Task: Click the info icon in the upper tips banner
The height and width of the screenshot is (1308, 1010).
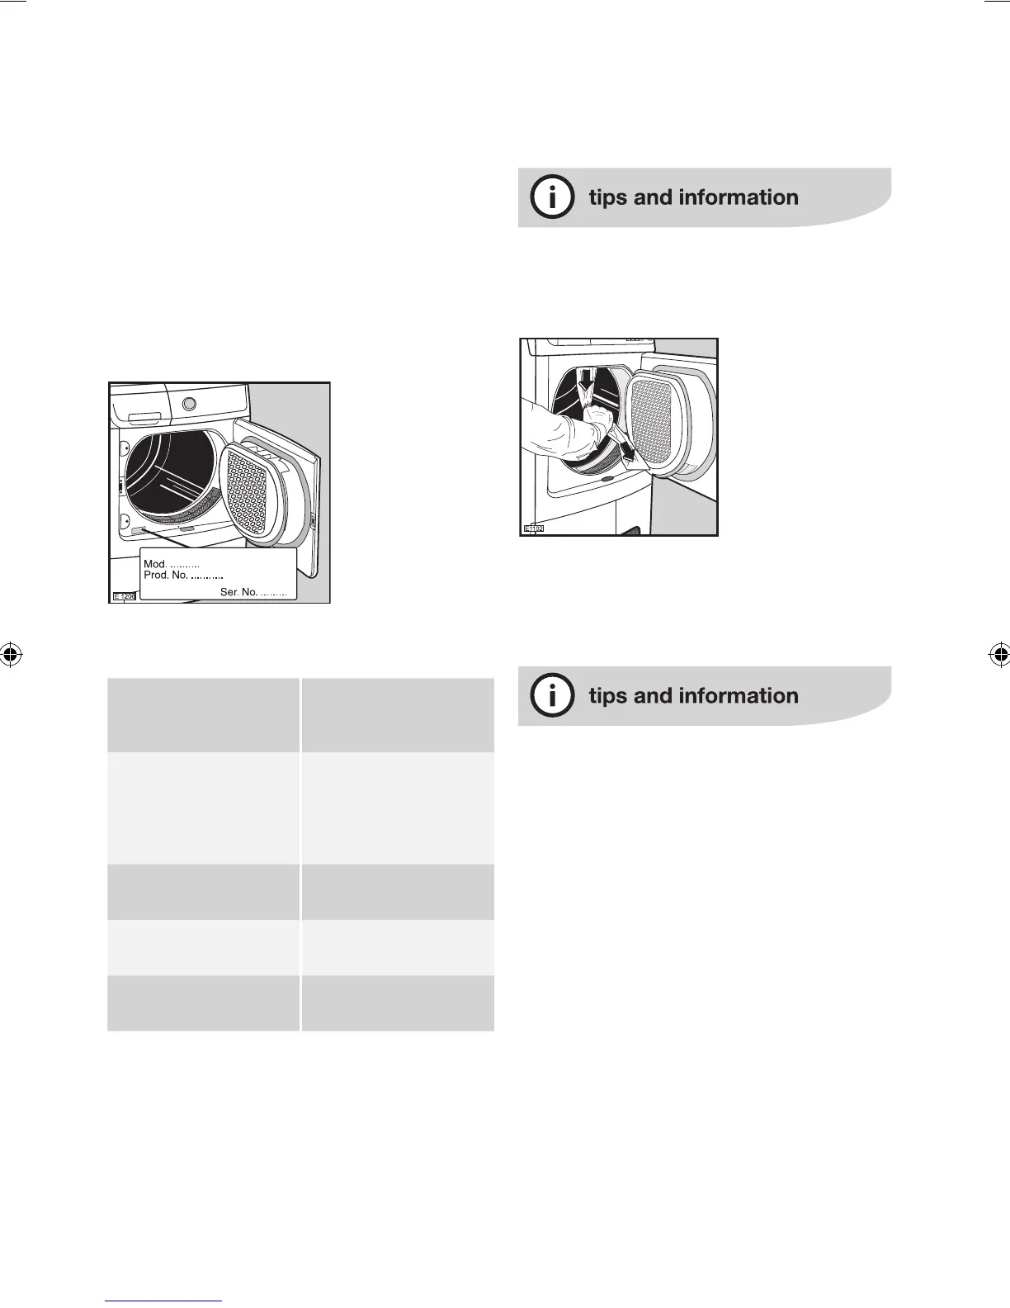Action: click(x=552, y=197)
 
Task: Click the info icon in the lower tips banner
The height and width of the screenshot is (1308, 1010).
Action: click(x=552, y=696)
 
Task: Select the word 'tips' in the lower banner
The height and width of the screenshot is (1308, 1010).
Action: click(x=607, y=696)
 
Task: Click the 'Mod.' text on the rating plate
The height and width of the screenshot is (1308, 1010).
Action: click(x=155, y=564)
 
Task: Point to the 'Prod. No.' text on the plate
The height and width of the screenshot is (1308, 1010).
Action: click(x=166, y=575)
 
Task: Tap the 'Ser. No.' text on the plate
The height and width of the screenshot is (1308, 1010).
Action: click(x=238, y=592)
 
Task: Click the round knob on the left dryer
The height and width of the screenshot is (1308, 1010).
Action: click(x=189, y=404)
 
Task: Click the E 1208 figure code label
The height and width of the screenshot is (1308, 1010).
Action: click(x=124, y=595)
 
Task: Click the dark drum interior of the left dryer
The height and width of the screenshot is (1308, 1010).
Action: click(x=169, y=472)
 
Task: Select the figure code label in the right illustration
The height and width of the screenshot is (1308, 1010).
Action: click(x=533, y=528)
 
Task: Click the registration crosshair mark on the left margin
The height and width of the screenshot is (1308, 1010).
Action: click(x=11, y=655)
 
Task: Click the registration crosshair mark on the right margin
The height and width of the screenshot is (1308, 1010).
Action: click(x=998, y=655)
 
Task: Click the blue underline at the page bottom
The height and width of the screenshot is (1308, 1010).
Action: click(x=163, y=1301)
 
